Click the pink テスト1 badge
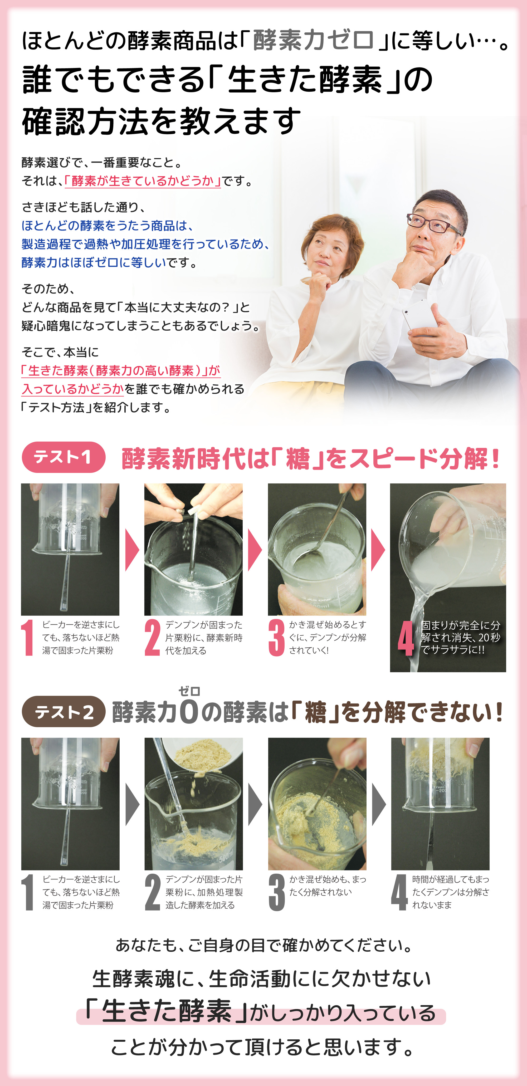coord(63,457)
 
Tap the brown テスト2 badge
coord(63,712)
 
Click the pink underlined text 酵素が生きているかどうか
coord(143,181)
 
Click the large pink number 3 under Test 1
coord(277,637)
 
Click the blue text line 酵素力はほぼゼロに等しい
coord(94,263)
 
